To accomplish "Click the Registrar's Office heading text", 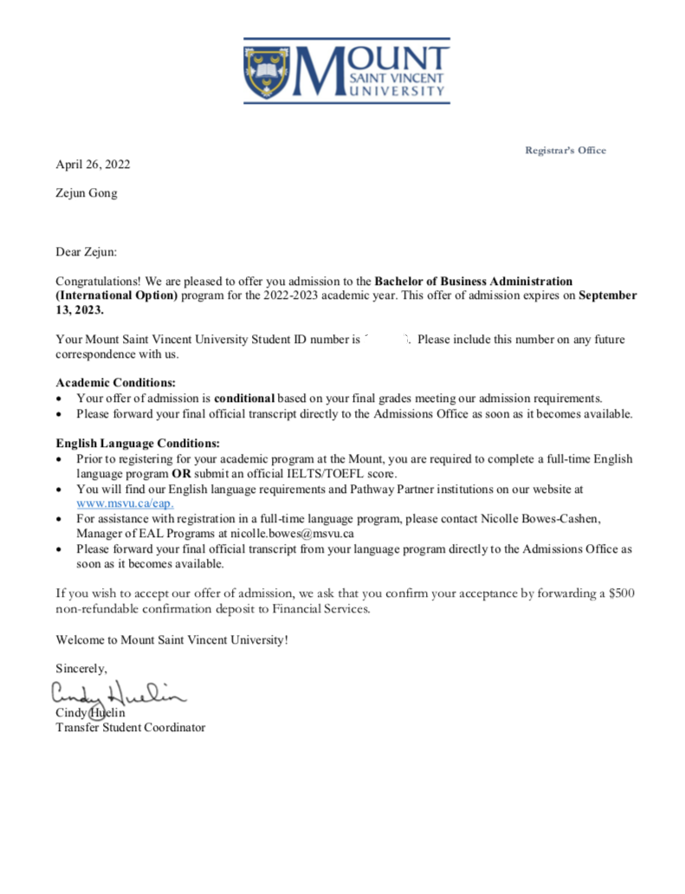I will (x=565, y=151).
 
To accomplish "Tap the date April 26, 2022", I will (x=93, y=165).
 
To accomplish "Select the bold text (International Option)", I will (x=116, y=296).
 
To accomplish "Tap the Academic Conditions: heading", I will (x=116, y=383).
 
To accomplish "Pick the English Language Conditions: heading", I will (x=138, y=444).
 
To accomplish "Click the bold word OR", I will (x=181, y=474).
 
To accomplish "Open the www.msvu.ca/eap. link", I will (x=126, y=503).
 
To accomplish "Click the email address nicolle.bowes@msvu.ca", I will (x=292, y=534).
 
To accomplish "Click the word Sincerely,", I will (x=81, y=668).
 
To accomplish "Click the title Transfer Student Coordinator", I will (x=130, y=728).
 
